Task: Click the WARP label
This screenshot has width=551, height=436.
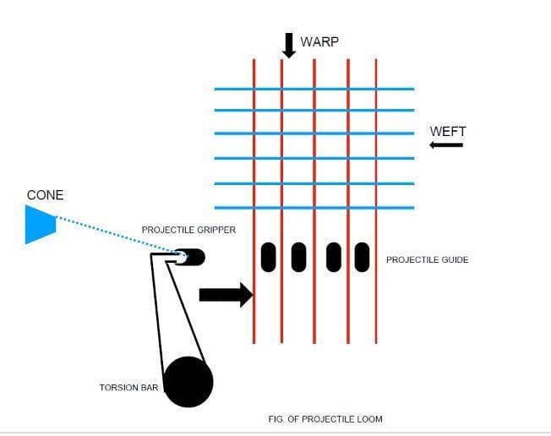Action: (319, 42)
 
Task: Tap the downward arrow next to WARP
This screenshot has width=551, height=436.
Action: (289, 45)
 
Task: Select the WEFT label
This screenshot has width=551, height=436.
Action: (448, 131)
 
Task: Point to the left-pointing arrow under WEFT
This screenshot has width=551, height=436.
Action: (446, 145)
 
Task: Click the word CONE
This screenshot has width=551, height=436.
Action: (45, 195)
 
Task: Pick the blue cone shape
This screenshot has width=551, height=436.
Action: (39, 225)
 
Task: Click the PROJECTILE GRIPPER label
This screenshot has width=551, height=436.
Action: (188, 230)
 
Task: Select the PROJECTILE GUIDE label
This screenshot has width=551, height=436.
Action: (427, 259)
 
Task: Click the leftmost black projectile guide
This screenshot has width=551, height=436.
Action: (269, 257)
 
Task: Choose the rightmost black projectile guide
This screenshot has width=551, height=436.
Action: (362, 257)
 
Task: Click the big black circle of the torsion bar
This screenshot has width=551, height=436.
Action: (188, 382)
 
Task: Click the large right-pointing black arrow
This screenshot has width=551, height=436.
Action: (226, 294)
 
